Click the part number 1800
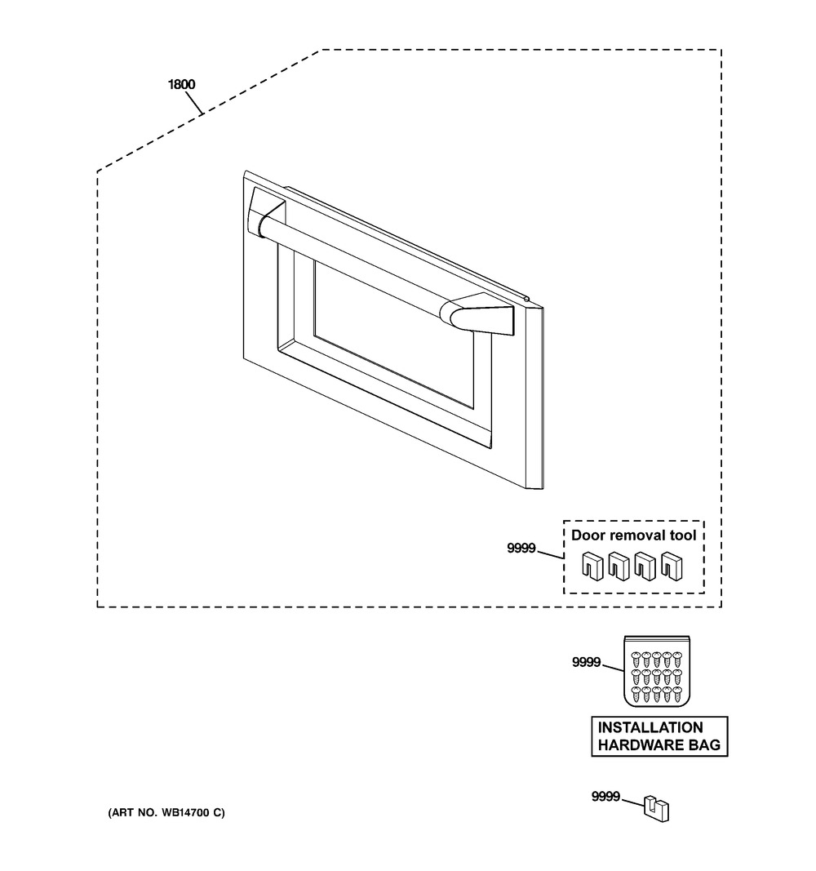coord(181,84)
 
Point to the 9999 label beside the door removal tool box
coord(521,549)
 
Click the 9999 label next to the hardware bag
coord(586,662)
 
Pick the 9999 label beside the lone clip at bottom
coord(605,797)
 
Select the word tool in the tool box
coord(683,535)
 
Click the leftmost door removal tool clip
coord(592,566)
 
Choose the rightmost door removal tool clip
coord(672,566)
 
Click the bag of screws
coord(657,671)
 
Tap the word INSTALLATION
coord(650,727)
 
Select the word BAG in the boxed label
coord(704,745)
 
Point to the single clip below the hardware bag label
coord(657,809)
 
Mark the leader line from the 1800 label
coord(193,103)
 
